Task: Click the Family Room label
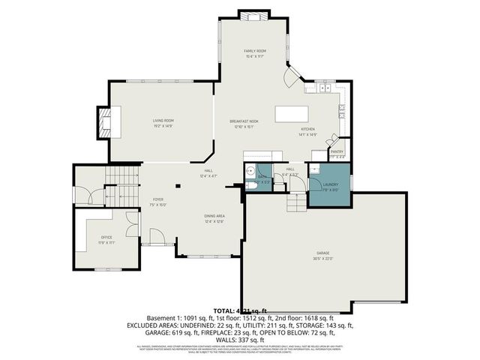255,50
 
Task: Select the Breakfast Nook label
244,121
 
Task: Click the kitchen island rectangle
293,115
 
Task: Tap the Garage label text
322,253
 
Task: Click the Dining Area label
214,216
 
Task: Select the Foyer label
158,199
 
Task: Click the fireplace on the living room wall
105,123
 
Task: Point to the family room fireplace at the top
254,15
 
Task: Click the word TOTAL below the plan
224,310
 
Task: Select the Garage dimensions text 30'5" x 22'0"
322,259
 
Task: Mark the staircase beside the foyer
122,186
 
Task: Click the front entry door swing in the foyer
156,238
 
